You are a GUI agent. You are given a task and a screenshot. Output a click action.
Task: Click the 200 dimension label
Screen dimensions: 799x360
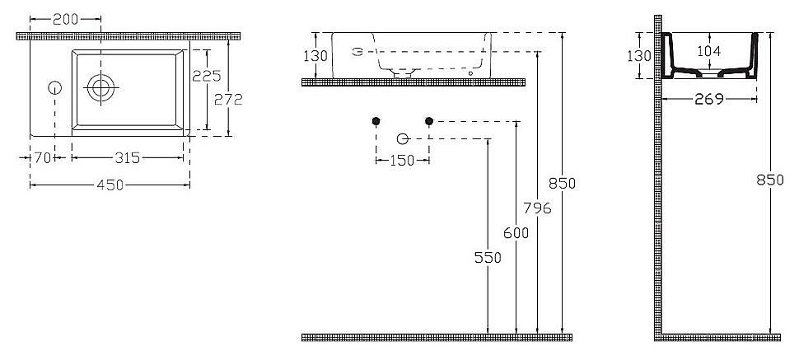coord(65,20)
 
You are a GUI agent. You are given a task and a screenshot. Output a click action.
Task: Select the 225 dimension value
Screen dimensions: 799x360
coord(207,76)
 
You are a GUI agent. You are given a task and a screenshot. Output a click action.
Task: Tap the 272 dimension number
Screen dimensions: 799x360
coord(228,100)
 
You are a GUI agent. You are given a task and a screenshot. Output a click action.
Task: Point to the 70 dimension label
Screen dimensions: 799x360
coord(43,157)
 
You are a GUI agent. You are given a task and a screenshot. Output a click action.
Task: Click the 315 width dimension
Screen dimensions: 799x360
coord(127,157)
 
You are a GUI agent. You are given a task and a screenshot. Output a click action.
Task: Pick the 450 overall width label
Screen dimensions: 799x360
coord(110,185)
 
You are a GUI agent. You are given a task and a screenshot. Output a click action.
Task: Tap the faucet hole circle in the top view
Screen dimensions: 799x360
coord(55,87)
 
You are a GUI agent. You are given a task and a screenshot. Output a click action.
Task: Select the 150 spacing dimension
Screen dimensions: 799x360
coord(402,161)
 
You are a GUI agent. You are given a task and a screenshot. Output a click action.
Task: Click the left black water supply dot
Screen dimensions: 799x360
coord(376,121)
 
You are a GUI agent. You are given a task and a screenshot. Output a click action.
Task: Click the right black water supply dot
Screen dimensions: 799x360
coord(429,121)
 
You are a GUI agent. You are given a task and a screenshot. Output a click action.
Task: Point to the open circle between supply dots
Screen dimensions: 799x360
coord(403,138)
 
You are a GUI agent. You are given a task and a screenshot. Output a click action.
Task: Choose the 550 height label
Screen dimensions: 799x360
coord(488,258)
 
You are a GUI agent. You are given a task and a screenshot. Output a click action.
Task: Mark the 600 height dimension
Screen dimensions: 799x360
coord(516,233)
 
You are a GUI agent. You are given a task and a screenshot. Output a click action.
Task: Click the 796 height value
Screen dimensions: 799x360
coord(538,208)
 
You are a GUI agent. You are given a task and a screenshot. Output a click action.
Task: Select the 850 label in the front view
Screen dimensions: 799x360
coord(562,183)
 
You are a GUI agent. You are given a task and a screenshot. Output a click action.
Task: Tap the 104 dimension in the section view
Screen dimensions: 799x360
coord(709,51)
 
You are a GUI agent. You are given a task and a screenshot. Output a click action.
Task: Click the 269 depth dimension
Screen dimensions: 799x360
coord(709,99)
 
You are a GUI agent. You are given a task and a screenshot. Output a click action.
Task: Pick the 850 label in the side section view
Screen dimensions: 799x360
coord(770,180)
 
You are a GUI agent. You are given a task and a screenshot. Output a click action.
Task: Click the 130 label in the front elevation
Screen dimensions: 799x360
coord(315,55)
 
